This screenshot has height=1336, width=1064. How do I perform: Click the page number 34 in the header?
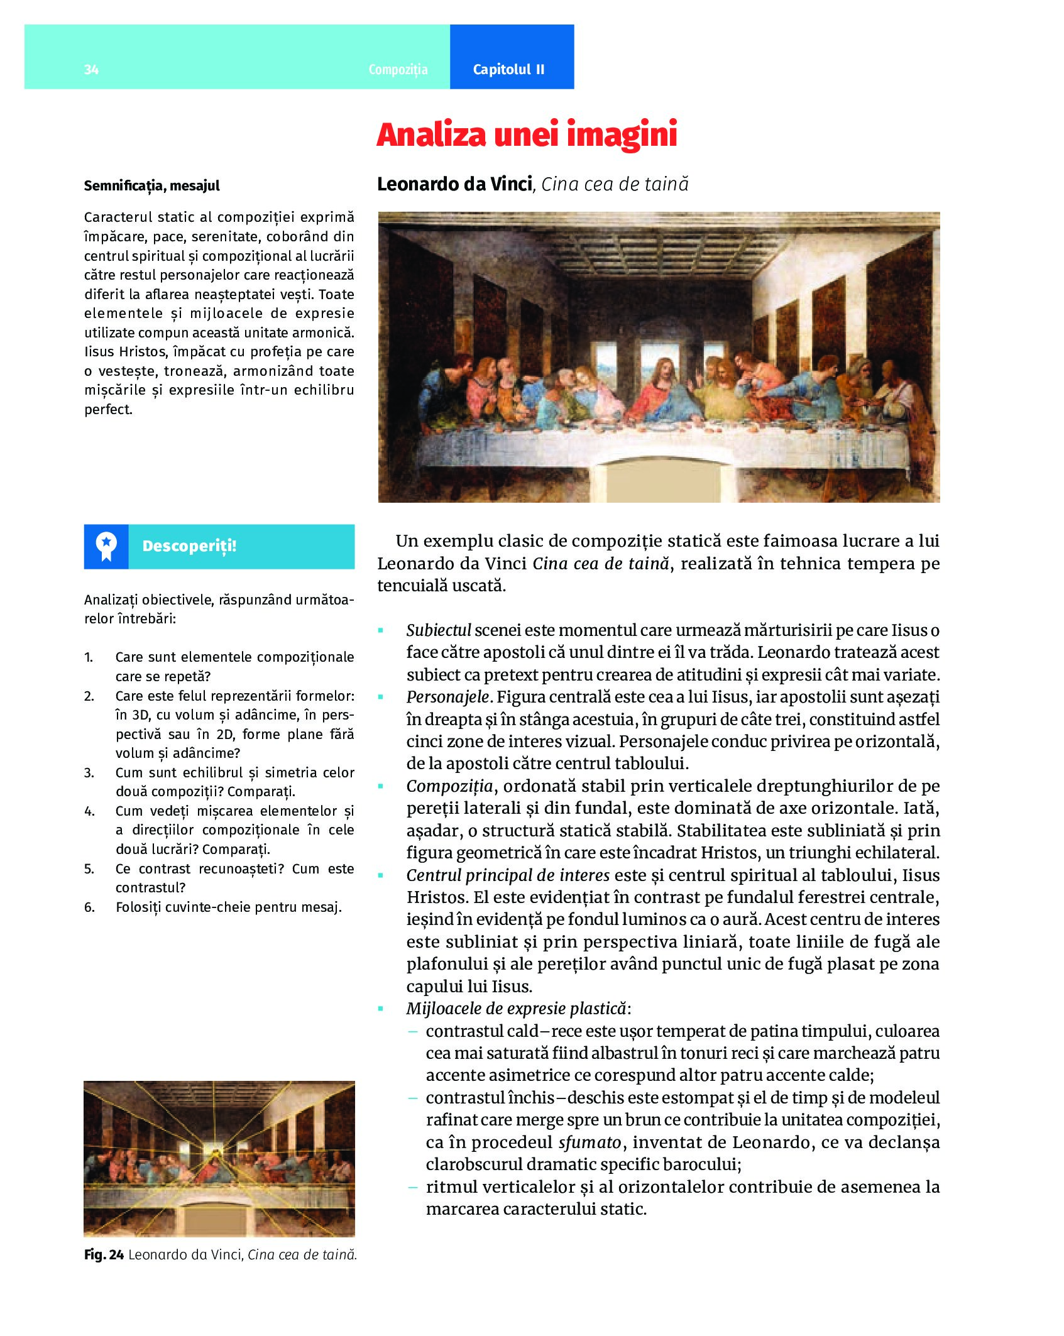pos(91,69)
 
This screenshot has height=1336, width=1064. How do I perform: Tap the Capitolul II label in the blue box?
pos(508,69)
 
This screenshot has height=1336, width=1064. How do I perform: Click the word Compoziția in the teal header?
pos(398,69)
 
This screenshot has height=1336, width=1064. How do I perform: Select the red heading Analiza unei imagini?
pos(527,134)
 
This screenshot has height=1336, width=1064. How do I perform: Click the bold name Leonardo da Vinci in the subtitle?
pos(454,184)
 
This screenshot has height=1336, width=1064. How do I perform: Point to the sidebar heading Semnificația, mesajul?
pos(151,186)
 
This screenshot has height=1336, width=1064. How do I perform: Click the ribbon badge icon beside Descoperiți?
pos(106,546)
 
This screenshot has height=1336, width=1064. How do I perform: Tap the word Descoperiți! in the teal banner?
pos(189,546)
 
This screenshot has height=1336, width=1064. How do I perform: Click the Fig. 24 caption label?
pos(104,1254)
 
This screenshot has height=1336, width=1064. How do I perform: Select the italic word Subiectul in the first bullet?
pos(438,630)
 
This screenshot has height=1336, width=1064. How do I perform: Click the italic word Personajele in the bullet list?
pos(447,697)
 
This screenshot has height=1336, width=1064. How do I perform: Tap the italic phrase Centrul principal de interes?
pos(508,875)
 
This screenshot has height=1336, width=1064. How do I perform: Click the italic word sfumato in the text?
pos(590,1142)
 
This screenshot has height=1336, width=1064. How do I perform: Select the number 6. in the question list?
pos(89,907)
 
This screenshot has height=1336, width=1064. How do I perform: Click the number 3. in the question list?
pos(89,772)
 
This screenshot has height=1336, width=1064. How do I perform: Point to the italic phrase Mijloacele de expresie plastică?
pos(517,1009)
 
